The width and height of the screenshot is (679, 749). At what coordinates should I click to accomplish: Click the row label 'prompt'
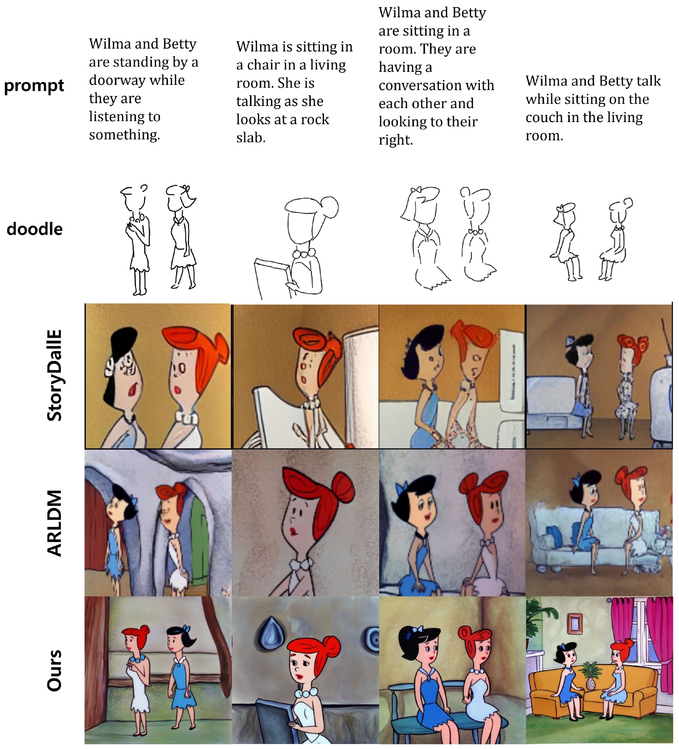tap(34, 86)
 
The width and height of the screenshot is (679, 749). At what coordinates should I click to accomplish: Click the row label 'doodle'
tap(35, 229)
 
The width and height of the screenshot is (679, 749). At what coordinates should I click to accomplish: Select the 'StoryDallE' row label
tap(54, 375)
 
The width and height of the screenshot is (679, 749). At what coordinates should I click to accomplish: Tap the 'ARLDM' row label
tap(54, 523)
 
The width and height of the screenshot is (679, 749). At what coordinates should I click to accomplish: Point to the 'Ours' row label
tap(54, 671)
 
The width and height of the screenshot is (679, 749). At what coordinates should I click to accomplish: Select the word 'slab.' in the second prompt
tap(251, 138)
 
